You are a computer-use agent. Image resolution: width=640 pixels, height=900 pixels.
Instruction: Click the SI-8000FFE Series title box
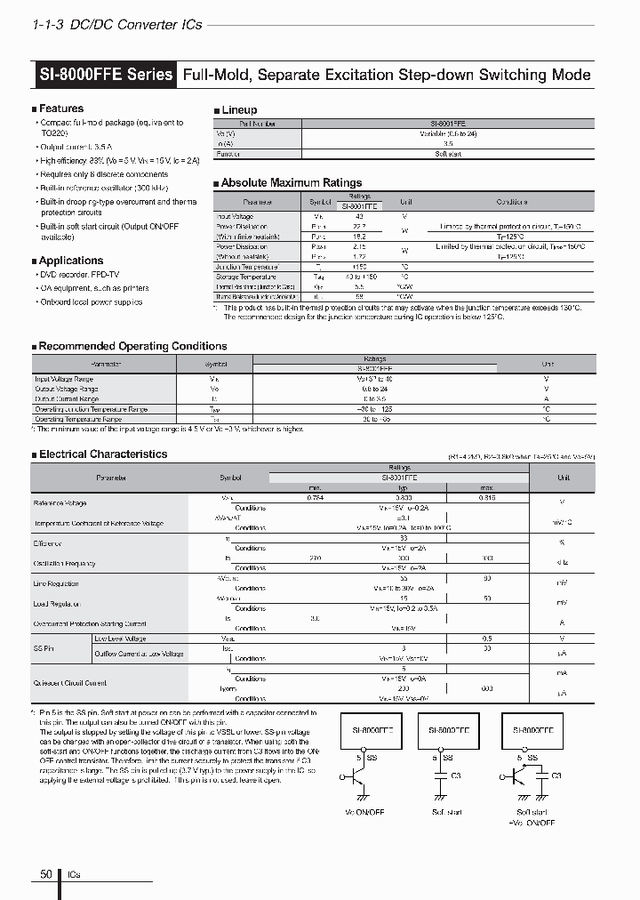click(106, 75)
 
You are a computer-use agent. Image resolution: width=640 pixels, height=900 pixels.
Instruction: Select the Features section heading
click(60, 108)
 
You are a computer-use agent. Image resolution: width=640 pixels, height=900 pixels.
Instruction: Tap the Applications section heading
click(70, 261)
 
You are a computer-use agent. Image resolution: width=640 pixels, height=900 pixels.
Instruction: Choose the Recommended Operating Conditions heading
click(132, 346)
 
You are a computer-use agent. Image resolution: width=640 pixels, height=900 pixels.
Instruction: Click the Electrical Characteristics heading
click(102, 454)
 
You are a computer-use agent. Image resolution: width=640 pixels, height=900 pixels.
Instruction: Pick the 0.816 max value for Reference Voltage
click(485, 498)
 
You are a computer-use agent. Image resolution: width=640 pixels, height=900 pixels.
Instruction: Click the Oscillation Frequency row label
click(65, 563)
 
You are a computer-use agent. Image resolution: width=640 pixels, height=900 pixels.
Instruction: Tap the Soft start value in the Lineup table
click(448, 154)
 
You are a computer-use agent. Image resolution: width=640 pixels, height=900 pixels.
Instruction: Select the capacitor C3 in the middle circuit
click(441, 775)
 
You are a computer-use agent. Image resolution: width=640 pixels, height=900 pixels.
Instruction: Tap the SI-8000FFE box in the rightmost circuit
click(533, 728)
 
